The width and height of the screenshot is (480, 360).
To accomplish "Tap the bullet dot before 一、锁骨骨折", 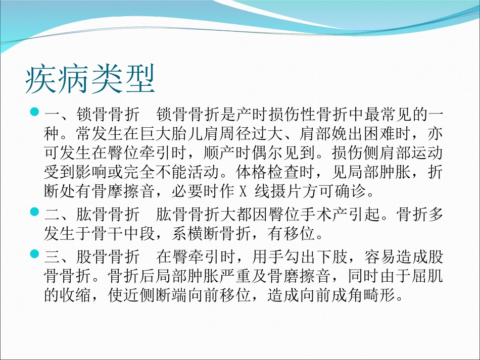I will coord(35,112).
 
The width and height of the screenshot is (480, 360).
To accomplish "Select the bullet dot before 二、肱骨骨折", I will coord(35,211).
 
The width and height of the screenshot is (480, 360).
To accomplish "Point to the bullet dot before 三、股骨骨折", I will coord(35,254).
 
